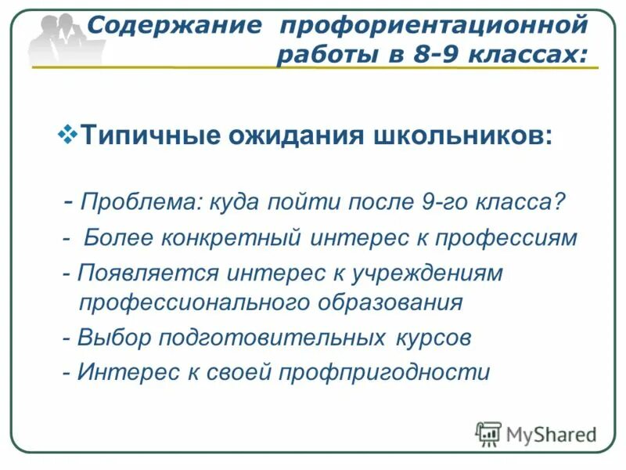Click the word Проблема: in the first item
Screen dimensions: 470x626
[x=142, y=203]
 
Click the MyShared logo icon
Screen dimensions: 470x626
[x=489, y=433]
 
